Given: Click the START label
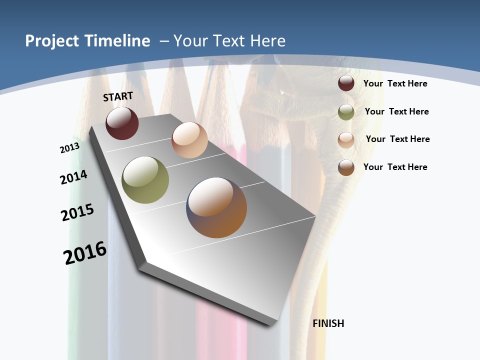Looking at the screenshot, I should coord(118,96).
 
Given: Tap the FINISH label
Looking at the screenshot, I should coord(328,323).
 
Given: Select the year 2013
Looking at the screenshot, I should coord(69,148).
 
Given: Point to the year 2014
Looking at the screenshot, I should coord(73,177).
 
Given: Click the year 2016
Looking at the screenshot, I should coord(85,253).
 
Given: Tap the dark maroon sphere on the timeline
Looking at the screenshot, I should coord(122,123).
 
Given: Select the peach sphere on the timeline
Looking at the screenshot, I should coord(189,140).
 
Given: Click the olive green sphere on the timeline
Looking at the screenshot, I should coord(145,180).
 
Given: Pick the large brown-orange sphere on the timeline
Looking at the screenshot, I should coord(216,207).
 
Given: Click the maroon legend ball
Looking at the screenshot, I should coord(346,83).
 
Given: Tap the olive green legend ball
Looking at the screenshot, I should coord(346,112).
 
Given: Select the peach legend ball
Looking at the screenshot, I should coord(346,140).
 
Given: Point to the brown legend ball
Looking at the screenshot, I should coord(346,167).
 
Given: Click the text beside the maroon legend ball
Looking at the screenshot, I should coord(395,83).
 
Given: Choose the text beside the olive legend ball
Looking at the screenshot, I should coord(396,111).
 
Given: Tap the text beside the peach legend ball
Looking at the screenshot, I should coord(397,139).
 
